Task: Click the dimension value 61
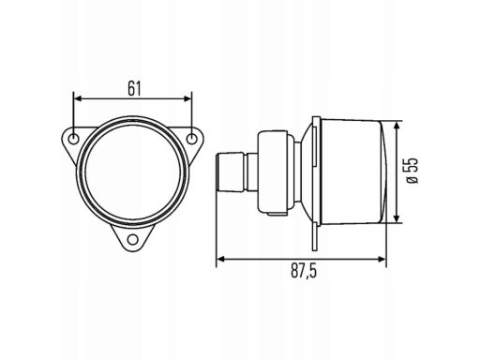(x=134, y=88)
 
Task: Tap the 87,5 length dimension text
(x=304, y=271)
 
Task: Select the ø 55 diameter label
(x=412, y=171)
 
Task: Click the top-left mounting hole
(x=74, y=139)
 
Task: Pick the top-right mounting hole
(x=191, y=139)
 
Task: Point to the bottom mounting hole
(x=133, y=240)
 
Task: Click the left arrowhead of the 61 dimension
(x=77, y=99)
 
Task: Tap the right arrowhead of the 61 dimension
(x=187, y=99)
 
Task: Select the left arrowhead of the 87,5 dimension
(x=220, y=259)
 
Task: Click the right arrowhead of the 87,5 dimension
(x=382, y=259)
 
